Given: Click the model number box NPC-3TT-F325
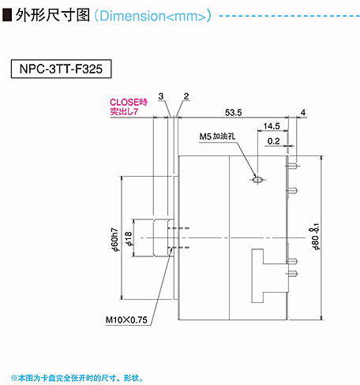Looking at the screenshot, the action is [61, 69].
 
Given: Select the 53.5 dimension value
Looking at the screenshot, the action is [233, 113].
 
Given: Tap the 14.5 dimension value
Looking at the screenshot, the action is [272, 126].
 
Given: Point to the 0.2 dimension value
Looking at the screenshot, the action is [273, 141].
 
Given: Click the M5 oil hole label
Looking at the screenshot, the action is [217, 136].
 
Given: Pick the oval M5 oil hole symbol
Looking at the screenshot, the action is [257, 180].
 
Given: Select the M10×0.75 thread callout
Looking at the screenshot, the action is [126, 320].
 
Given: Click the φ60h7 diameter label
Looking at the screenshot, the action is [115, 240].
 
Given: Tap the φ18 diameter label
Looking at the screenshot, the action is [129, 239].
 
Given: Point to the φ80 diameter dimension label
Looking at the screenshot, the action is [314, 237].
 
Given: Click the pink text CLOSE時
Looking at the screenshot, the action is [129, 102].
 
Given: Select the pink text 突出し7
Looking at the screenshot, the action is [124, 111].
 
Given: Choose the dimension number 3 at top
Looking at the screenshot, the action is [161, 96].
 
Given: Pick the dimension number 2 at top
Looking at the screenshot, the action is [186, 96].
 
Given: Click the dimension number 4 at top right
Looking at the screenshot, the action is [303, 113].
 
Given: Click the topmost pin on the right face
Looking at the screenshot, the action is [292, 166].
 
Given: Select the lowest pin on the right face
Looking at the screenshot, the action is [292, 274].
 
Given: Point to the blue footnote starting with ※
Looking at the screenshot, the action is [77, 378].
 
